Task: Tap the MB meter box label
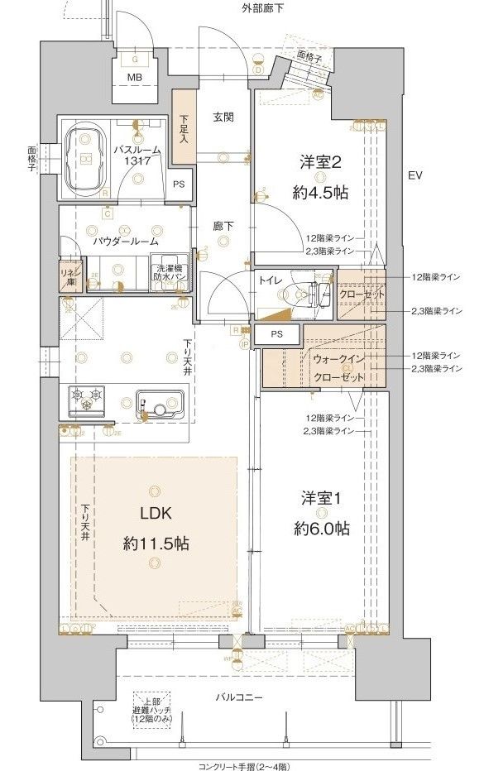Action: [x=134, y=79]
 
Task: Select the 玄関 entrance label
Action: [x=222, y=117]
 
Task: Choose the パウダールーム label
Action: [x=125, y=242]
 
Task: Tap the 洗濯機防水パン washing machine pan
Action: [x=170, y=272]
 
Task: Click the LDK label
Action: [x=155, y=513]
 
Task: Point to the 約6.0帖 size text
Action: [x=319, y=528]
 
